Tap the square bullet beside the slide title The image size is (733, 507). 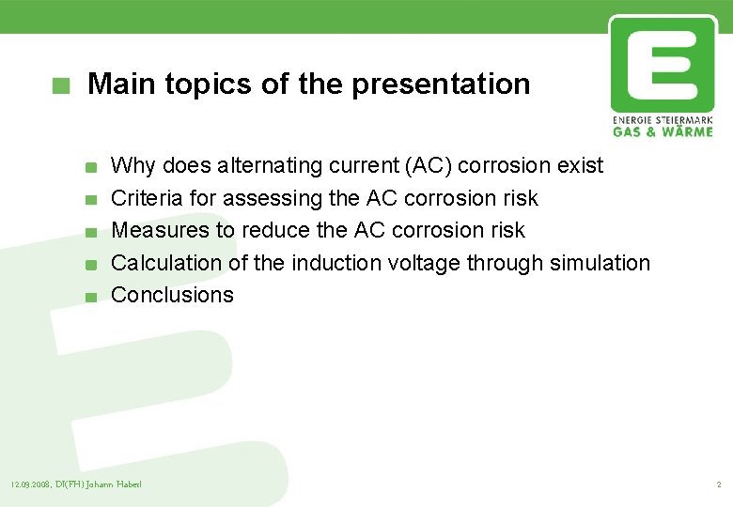[x=61, y=85]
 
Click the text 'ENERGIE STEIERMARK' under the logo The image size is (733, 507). [x=663, y=121]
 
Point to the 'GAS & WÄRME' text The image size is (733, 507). [x=663, y=132]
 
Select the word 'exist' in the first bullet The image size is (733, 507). [x=580, y=166]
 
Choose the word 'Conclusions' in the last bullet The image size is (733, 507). [x=172, y=295]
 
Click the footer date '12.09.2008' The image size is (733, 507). [x=30, y=484]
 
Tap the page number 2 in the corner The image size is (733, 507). [x=718, y=484]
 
